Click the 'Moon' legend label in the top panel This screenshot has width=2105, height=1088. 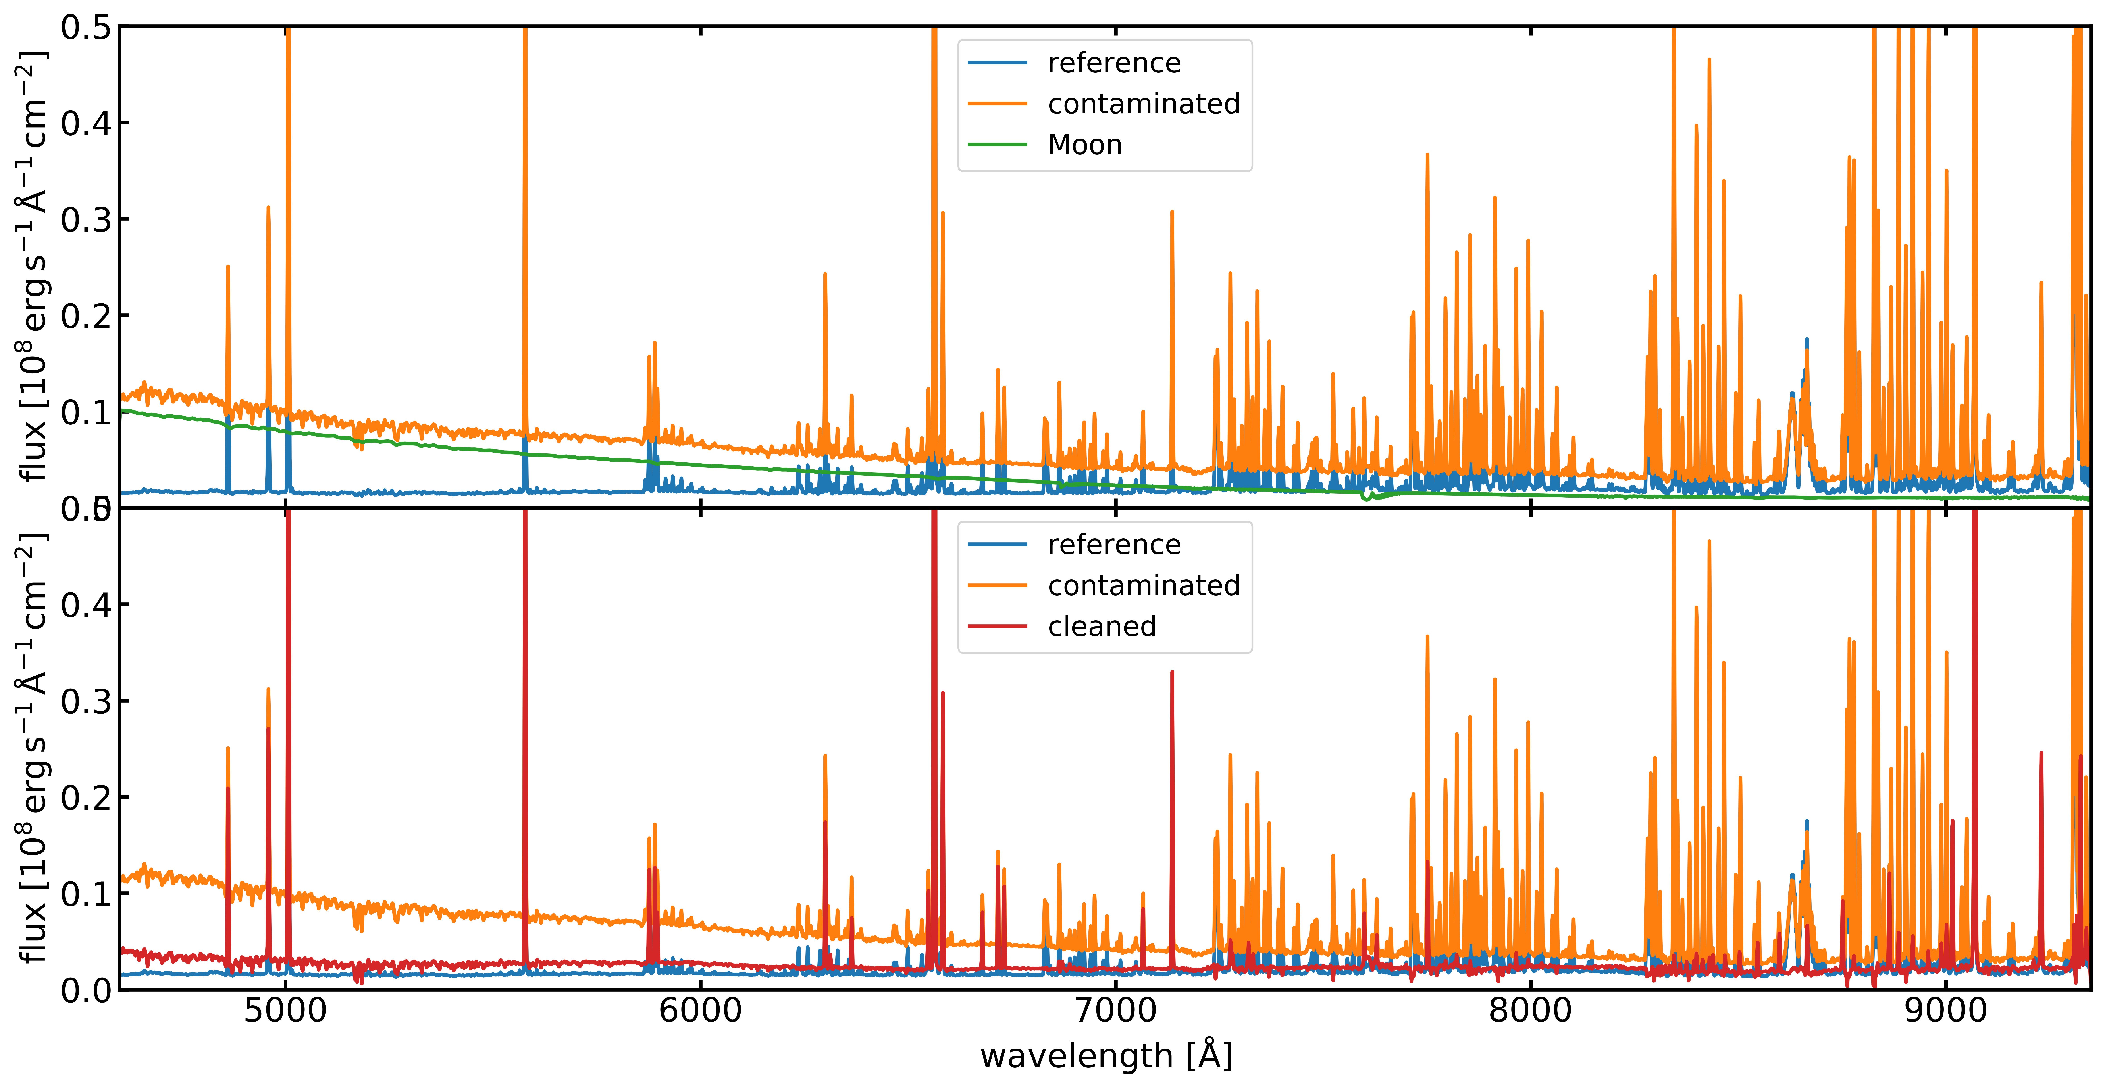(x=1084, y=145)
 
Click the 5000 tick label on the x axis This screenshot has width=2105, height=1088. (x=285, y=1011)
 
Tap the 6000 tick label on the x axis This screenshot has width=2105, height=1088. (x=700, y=1011)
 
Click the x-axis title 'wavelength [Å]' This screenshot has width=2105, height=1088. (x=1106, y=1056)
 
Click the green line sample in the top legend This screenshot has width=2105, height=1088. (x=997, y=145)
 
